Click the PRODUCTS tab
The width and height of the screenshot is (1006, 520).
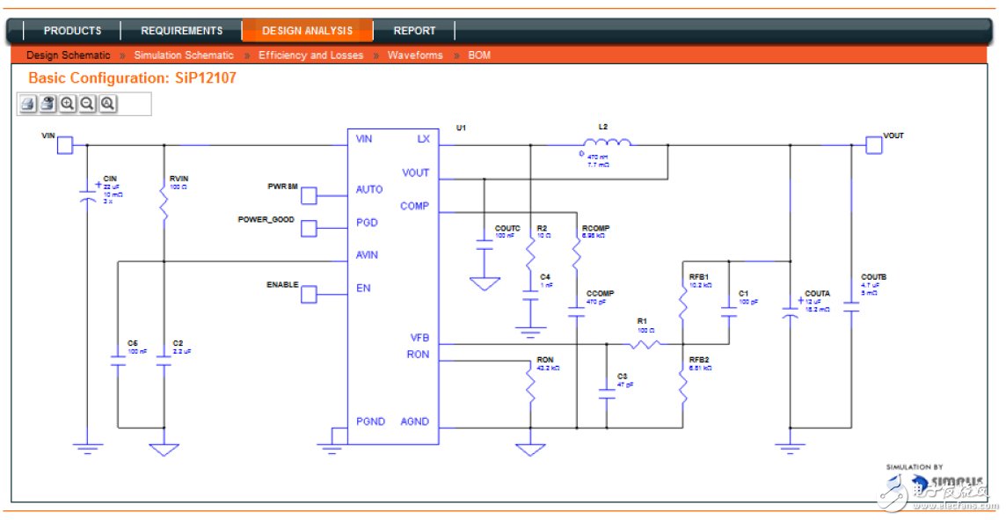(x=72, y=31)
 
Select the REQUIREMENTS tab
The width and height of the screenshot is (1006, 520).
(x=182, y=31)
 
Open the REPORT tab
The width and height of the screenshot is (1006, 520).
(x=414, y=31)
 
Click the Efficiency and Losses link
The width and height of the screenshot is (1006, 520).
(x=311, y=55)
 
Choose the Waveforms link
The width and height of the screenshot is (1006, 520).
(x=415, y=55)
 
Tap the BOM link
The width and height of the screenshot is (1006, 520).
(x=479, y=55)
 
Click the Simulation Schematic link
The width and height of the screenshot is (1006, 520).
(x=184, y=55)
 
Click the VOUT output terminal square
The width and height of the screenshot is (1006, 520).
(x=873, y=144)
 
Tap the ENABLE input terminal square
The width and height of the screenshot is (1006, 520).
(x=309, y=295)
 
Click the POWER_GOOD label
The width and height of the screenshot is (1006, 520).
(x=266, y=220)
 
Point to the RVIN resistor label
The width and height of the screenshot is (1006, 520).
(x=179, y=179)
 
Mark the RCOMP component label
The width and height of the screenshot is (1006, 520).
(x=595, y=228)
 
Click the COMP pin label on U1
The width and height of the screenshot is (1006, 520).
(x=414, y=206)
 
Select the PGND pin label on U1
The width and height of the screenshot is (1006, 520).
(x=370, y=421)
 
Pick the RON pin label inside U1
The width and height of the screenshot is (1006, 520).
(x=418, y=355)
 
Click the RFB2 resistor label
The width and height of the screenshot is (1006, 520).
(x=699, y=359)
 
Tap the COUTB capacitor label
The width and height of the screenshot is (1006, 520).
(x=873, y=277)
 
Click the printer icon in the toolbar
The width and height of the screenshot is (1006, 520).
(x=28, y=104)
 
